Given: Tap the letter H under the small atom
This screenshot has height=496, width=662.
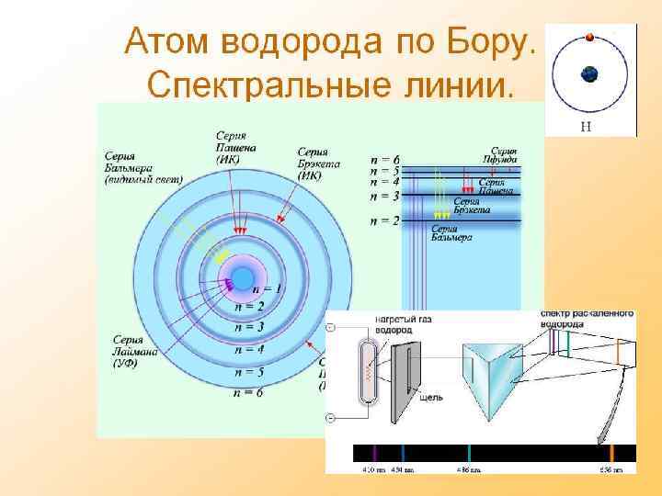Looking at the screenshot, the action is pos(586,127).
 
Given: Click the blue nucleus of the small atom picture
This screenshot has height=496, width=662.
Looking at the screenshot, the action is pos(589,74).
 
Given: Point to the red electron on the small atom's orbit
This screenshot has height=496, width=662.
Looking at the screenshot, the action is pos(590,38).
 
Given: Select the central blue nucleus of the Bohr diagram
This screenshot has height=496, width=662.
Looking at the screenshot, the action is pos(243,276).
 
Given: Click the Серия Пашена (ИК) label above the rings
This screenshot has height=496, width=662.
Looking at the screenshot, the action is pos(235,147).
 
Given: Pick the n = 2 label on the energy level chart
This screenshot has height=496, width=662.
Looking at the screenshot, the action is pos(384,221).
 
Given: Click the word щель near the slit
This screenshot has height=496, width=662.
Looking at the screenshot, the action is pos(430,398).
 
